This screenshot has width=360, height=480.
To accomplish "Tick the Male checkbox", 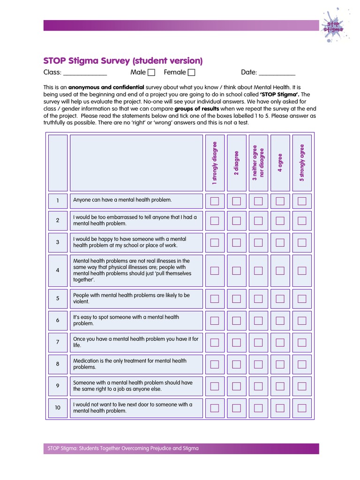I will (151, 72).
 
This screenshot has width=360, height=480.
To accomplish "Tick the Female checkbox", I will (191, 72).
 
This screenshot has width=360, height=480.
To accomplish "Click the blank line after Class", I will (85, 74).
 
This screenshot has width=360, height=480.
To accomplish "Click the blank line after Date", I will (277, 74).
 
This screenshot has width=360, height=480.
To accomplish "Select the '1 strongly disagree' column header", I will (215, 162).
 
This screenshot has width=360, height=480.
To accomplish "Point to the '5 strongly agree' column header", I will (302, 162).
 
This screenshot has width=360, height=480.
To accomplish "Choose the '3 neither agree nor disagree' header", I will (258, 162).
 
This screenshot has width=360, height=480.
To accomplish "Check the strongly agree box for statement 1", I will (302, 201).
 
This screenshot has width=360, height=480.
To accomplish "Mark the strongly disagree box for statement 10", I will (215, 408).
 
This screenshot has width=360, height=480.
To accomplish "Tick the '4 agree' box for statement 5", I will (280, 299).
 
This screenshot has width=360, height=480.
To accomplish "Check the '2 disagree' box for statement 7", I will (236, 342).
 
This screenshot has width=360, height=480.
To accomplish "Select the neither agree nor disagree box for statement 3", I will (258, 242).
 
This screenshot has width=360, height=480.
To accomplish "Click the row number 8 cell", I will (58, 364).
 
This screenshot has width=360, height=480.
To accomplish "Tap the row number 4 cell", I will (58, 270).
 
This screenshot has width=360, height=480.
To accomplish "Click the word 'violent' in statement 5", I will (81, 302).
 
